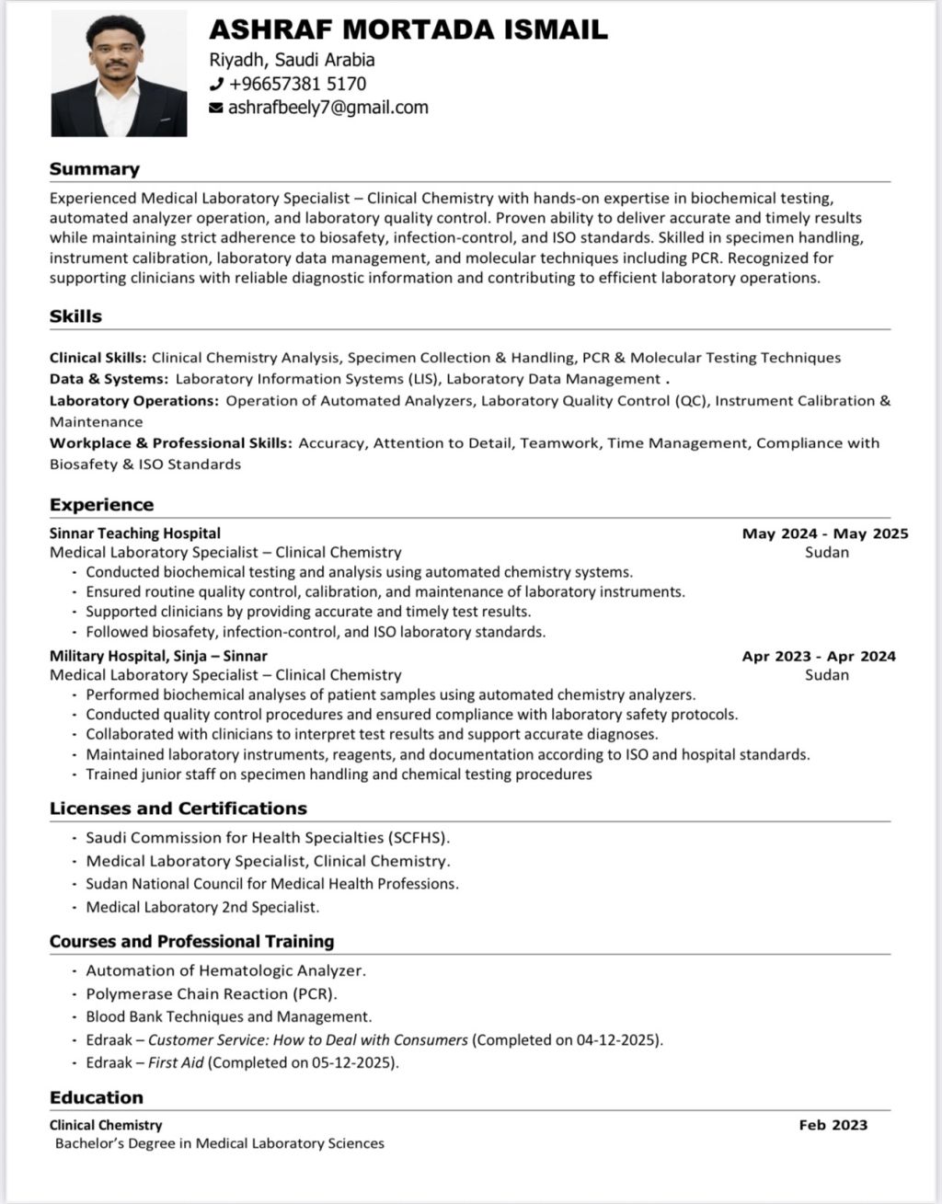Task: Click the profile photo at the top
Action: (119, 74)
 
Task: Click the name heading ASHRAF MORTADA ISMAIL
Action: (408, 29)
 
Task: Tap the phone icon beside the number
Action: (217, 85)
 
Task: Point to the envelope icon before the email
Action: (217, 109)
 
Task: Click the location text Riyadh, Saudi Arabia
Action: (293, 60)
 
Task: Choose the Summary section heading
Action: (95, 169)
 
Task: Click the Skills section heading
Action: (75, 316)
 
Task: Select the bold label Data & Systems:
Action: (109, 379)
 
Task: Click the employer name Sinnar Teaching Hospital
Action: (135, 533)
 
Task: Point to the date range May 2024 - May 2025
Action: (825, 533)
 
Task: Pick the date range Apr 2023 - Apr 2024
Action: (819, 657)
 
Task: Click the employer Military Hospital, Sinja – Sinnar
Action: (158, 657)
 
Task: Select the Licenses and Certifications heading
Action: (178, 808)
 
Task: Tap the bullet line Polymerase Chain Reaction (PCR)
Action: (212, 994)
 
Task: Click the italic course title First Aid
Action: (177, 1063)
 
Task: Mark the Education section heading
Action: (97, 1097)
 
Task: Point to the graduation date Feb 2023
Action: (833, 1125)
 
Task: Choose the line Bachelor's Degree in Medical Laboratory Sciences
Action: (220, 1144)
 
